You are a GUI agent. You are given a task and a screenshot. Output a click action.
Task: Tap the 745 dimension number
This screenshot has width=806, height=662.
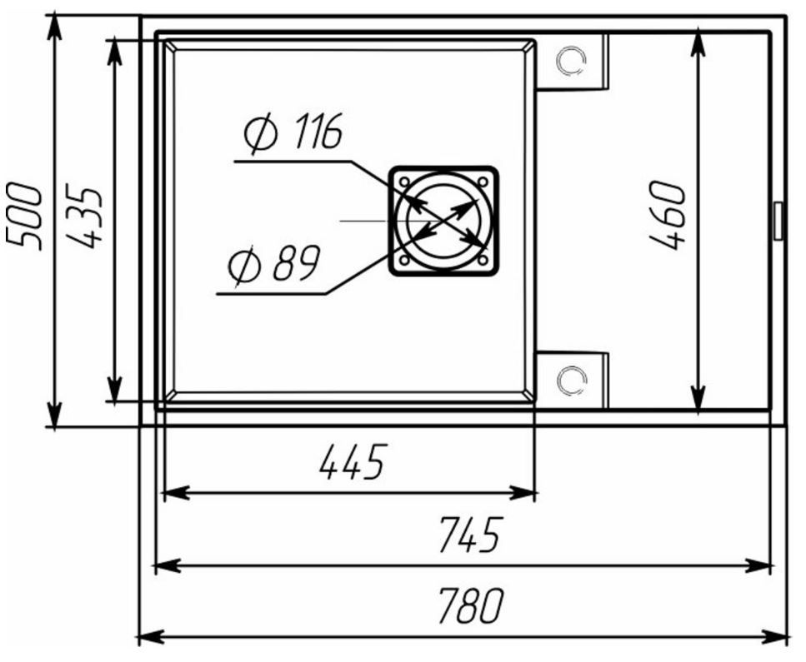click(x=470, y=535)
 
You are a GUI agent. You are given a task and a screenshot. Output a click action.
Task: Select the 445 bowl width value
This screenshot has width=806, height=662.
click(x=352, y=462)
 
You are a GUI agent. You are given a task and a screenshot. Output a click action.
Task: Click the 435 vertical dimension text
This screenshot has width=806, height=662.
click(x=84, y=218)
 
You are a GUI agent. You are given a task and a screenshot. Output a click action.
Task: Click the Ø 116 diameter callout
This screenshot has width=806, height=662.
click(x=293, y=132)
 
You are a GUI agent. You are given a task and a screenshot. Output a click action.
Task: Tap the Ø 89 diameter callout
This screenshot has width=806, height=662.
click(x=274, y=264)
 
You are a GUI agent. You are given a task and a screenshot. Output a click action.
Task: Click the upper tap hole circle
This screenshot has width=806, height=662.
click(x=571, y=62)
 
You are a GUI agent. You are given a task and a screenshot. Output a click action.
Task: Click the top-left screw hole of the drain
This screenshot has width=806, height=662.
click(x=404, y=182)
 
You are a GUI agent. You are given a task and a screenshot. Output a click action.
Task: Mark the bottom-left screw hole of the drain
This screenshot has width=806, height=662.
click(x=404, y=261)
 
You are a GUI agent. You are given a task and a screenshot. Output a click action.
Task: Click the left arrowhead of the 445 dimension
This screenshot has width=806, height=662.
click(x=176, y=494)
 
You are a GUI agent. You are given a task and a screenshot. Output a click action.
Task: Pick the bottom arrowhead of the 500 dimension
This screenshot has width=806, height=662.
click(x=54, y=413)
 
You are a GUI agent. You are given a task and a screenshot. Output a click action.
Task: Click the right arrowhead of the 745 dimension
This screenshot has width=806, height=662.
click(x=758, y=566)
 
